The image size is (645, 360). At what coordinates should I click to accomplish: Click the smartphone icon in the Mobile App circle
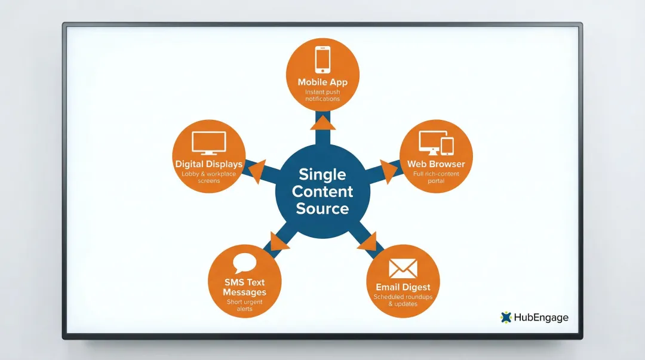pos(322,60)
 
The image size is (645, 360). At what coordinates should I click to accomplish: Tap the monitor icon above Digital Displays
pos(208,143)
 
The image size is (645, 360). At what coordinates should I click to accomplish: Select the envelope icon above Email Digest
pos(403,268)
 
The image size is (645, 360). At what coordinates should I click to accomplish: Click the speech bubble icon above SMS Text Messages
pos(244,263)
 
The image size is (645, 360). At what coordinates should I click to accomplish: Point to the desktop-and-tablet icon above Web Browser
pos(436,143)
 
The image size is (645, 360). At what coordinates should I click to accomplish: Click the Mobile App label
pos(322,82)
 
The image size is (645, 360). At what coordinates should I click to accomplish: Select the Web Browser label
pos(436,164)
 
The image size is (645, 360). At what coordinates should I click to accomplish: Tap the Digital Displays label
pos(208,164)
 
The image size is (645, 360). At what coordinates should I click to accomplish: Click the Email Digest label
pos(403,287)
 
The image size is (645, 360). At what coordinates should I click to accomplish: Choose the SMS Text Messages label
pos(244,287)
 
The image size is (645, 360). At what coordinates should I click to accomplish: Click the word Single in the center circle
pos(322,174)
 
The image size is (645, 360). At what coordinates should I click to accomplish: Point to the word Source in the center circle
pos(322,209)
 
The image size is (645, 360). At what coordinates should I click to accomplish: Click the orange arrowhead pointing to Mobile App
pos(322,122)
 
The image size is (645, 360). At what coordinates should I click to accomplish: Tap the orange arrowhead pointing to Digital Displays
pos(257,171)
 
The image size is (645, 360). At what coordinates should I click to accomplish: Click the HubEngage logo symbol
pos(506,317)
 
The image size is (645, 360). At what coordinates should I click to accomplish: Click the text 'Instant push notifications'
pos(322,96)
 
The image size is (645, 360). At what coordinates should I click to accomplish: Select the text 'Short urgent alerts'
pos(244,306)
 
